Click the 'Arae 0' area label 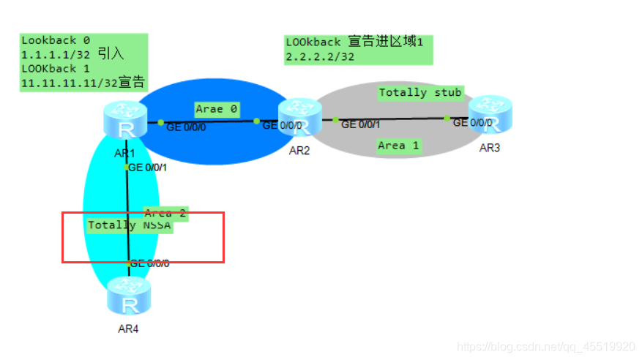click(x=217, y=109)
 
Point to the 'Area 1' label click(x=398, y=146)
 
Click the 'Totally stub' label click(x=420, y=92)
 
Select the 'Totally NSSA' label click(x=130, y=225)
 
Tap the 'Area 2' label click(x=165, y=214)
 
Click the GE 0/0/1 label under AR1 click(x=148, y=168)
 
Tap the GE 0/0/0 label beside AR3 click(x=473, y=123)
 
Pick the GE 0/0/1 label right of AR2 click(x=360, y=125)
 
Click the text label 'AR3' click(x=490, y=148)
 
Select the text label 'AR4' click(x=128, y=329)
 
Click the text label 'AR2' click(x=299, y=151)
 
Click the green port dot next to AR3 click(x=447, y=118)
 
